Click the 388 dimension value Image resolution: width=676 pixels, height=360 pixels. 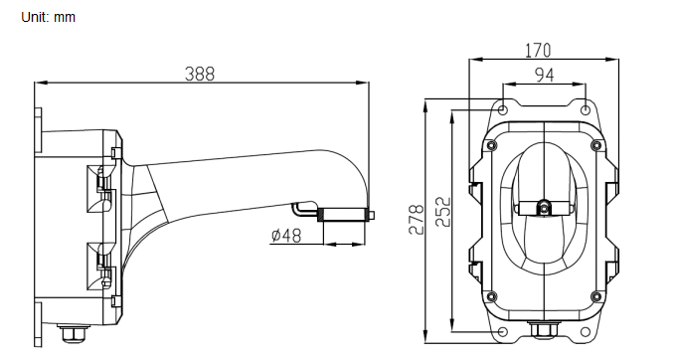click(x=199, y=74)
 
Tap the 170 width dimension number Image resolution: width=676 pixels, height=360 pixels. click(x=538, y=51)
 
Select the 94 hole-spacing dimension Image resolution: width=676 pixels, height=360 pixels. click(x=545, y=76)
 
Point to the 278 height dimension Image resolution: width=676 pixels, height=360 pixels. click(x=416, y=220)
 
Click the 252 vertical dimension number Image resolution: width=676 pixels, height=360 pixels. click(x=442, y=212)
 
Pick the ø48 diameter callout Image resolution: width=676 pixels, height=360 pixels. click(x=286, y=236)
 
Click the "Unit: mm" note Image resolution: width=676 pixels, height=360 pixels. click(x=49, y=17)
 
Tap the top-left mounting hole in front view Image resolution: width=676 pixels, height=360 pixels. click(x=503, y=110)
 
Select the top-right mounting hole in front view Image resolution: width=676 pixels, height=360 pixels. click(x=586, y=110)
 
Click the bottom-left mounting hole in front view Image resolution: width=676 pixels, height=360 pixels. click(x=503, y=332)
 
